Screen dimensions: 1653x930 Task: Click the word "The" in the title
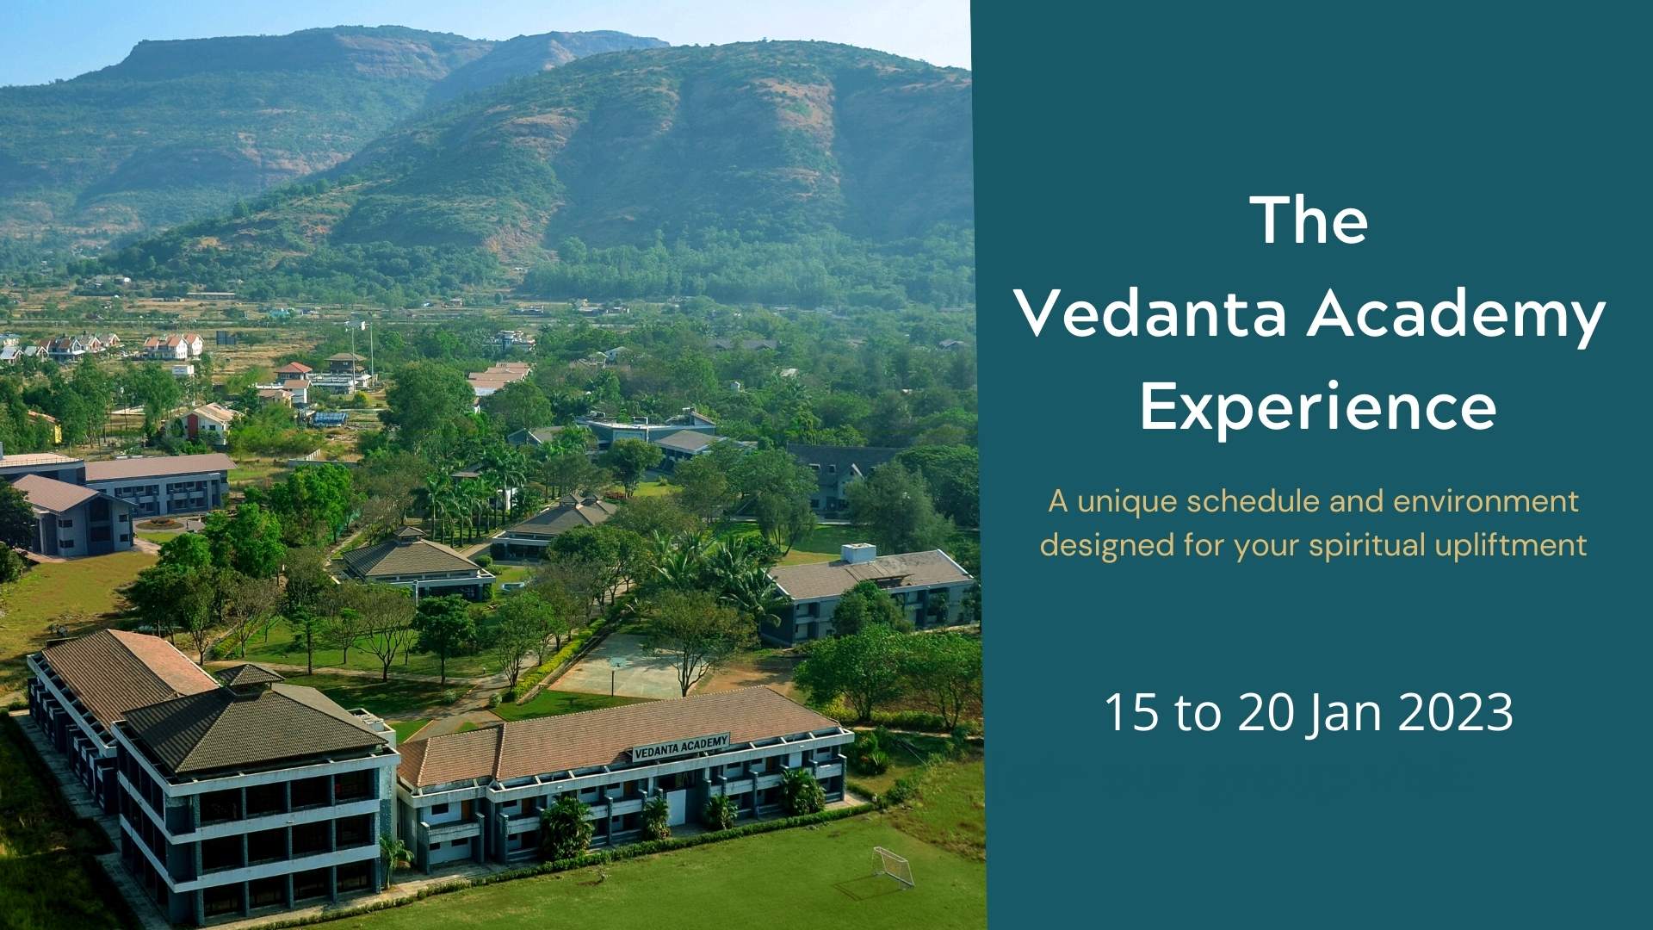pos(1312,220)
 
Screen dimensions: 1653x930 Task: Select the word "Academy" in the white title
pos(1456,319)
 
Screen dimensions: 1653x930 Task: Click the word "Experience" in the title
pos(1318,408)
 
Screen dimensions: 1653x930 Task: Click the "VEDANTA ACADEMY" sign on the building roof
pos(681,747)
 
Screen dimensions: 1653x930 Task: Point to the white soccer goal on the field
pos(893,866)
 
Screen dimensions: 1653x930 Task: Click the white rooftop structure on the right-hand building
pos(857,553)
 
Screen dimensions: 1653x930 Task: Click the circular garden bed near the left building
pos(159,523)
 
